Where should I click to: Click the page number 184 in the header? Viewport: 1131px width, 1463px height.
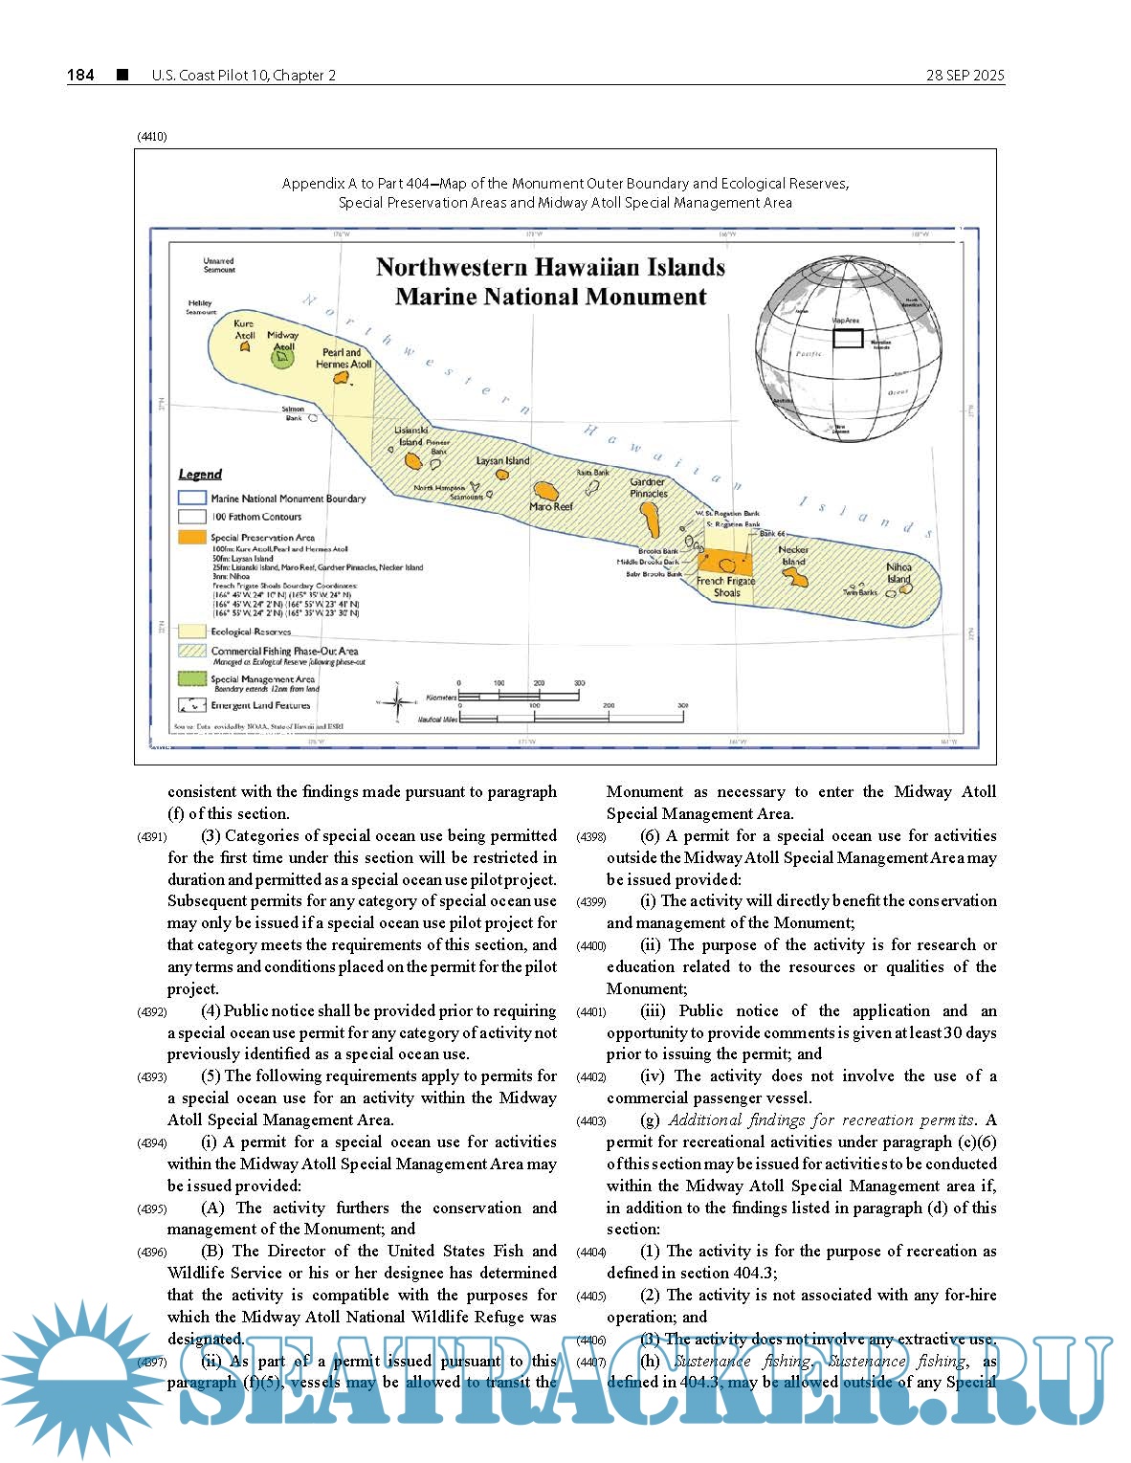click(x=80, y=75)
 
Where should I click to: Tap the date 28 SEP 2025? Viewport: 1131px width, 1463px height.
click(x=965, y=76)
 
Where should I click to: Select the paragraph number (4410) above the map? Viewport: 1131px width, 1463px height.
click(x=151, y=137)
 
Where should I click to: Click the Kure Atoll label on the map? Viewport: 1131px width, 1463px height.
click(x=245, y=329)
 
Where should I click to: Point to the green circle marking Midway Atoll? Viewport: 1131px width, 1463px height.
click(x=281, y=359)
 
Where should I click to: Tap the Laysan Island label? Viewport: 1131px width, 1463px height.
click(x=502, y=461)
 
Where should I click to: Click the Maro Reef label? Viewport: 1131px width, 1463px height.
click(x=550, y=506)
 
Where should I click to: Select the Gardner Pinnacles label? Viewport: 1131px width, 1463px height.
click(x=648, y=488)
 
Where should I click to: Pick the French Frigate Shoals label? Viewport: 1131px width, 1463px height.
click(x=725, y=587)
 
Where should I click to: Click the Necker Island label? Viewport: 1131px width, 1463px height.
click(x=793, y=556)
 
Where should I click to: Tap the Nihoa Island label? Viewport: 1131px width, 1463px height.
click(x=898, y=572)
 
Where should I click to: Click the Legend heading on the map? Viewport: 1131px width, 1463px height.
click(x=200, y=474)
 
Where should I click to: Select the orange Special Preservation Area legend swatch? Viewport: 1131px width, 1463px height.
click(x=192, y=537)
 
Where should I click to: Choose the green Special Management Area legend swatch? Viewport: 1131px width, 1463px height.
click(x=192, y=678)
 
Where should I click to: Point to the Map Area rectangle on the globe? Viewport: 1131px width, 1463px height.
click(x=847, y=338)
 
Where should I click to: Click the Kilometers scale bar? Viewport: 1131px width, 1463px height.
click(x=520, y=696)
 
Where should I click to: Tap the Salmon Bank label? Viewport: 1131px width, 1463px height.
click(x=293, y=413)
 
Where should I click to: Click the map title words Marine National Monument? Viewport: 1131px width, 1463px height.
click(x=550, y=297)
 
